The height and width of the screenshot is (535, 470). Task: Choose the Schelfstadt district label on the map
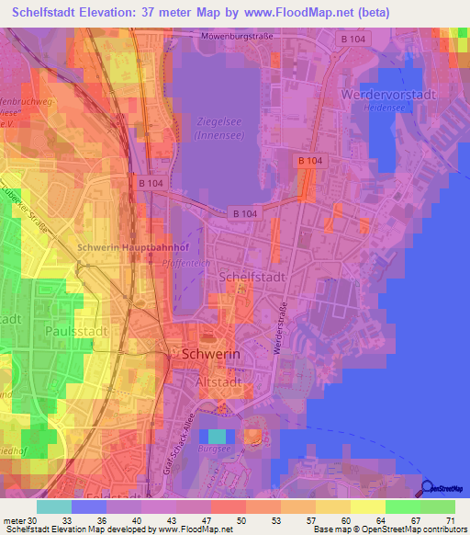(253, 276)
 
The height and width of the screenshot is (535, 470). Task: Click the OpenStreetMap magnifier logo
(428, 488)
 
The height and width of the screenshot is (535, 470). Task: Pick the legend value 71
(450, 519)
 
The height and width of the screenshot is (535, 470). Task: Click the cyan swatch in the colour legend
(54, 507)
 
